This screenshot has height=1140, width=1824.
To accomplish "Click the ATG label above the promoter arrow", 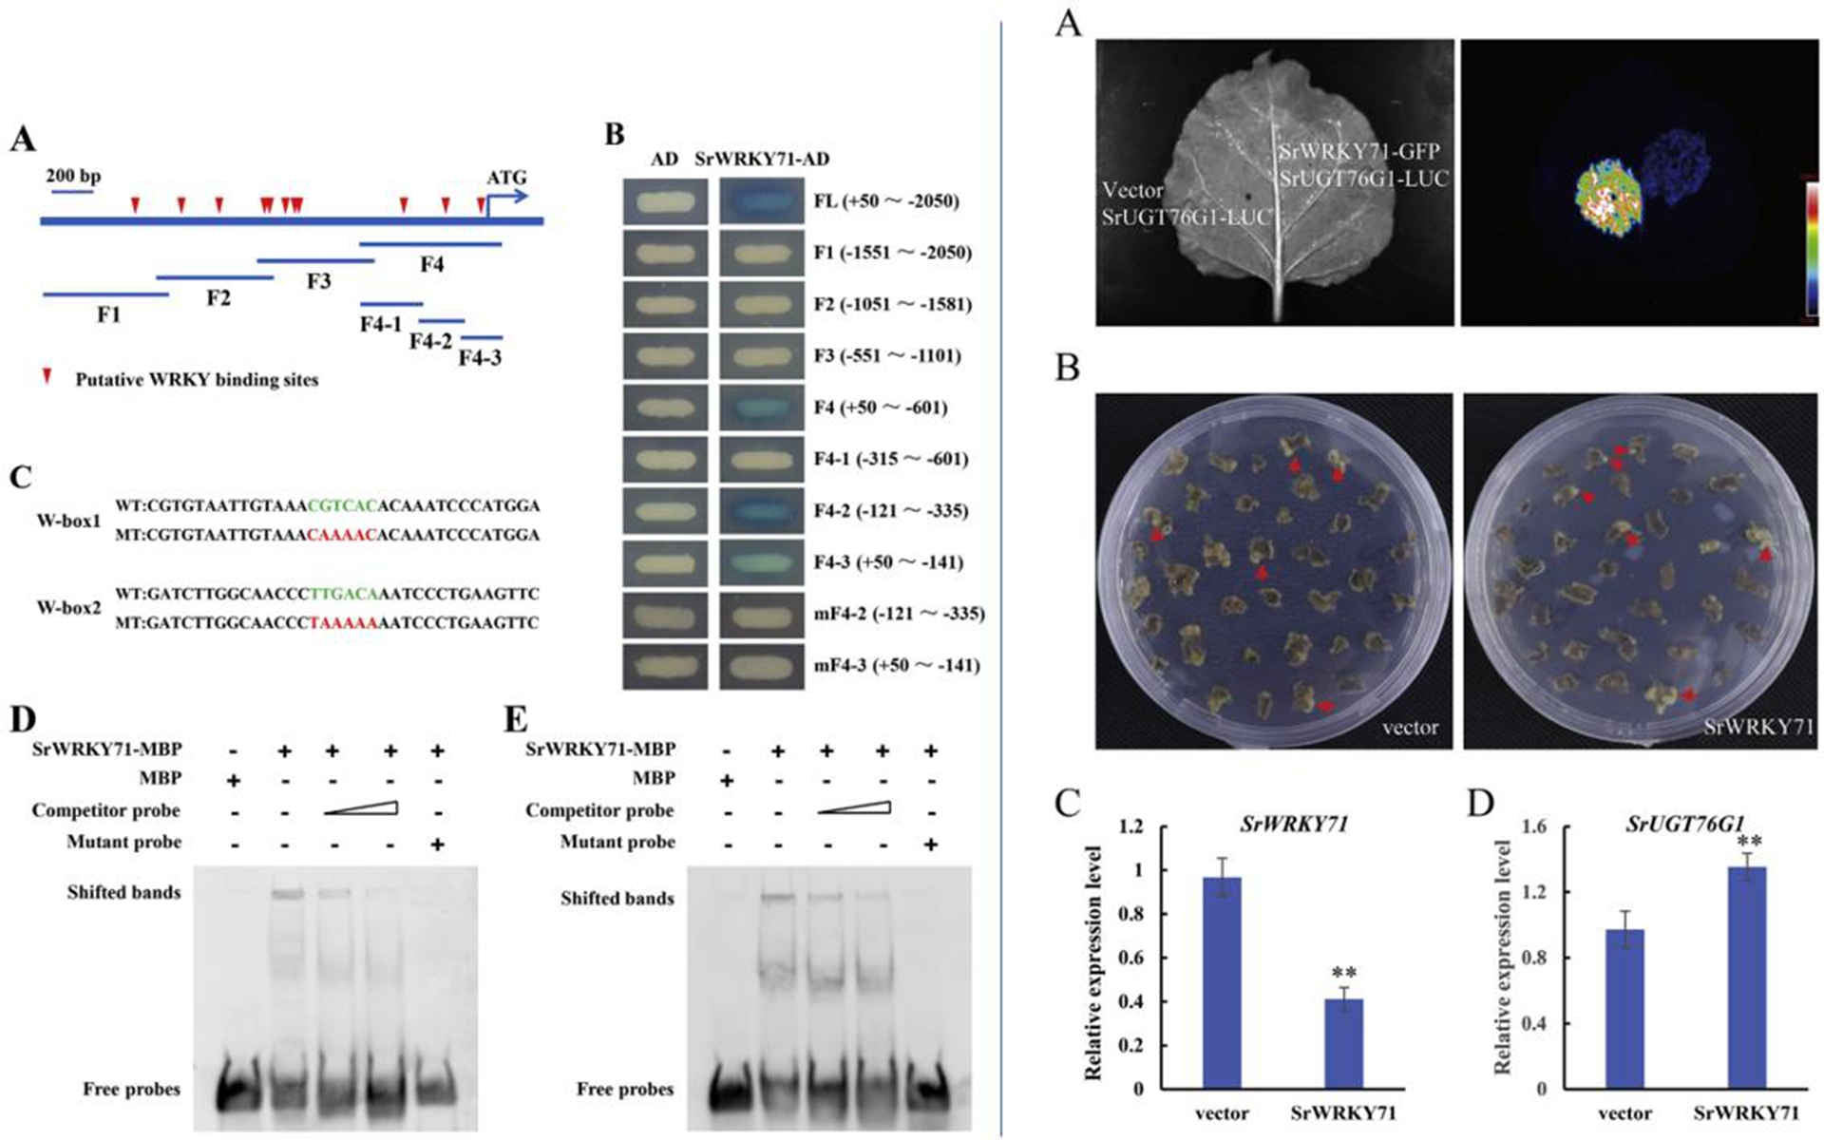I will coord(506,178).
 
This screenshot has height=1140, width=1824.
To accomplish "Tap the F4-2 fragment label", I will coord(430,340).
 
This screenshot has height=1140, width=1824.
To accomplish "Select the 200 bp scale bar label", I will coord(73,177).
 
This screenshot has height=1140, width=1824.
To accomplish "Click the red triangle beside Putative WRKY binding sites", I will coord(47,376).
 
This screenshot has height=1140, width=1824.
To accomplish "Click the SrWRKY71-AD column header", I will coord(763,160).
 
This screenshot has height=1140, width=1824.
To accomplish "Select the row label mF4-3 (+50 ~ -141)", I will coord(896,665).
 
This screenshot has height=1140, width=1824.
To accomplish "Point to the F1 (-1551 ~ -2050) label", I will coord(892,253).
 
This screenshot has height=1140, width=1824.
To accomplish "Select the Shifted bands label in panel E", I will coord(617,899).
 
